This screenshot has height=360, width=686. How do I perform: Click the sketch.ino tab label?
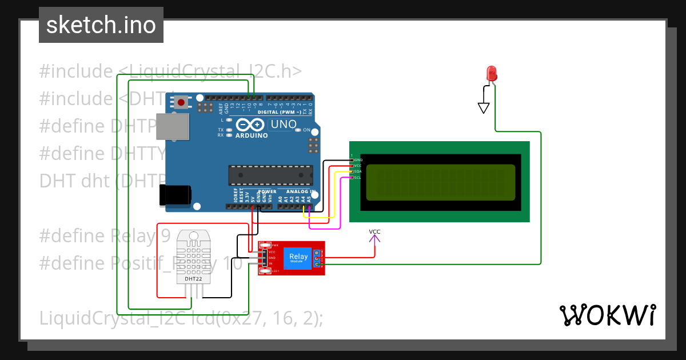tap(101, 25)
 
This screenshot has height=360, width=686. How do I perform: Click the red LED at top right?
tap(491, 73)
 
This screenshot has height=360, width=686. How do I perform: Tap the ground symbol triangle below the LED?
tap(484, 107)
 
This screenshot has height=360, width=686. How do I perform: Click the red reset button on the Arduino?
tap(181, 103)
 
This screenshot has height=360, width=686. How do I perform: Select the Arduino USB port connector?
tap(172, 126)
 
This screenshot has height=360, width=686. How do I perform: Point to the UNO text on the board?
tap(284, 124)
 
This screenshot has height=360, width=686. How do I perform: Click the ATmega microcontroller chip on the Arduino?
tap(270, 175)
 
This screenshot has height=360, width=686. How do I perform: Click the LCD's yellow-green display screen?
tap(440, 182)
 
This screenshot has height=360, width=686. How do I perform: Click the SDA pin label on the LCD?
tap(357, 171)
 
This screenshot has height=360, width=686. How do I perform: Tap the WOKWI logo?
tap(608, 315)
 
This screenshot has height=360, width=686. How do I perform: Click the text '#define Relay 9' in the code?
tap(105, 235)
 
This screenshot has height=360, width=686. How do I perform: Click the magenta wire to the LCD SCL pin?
tap(326, 228)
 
